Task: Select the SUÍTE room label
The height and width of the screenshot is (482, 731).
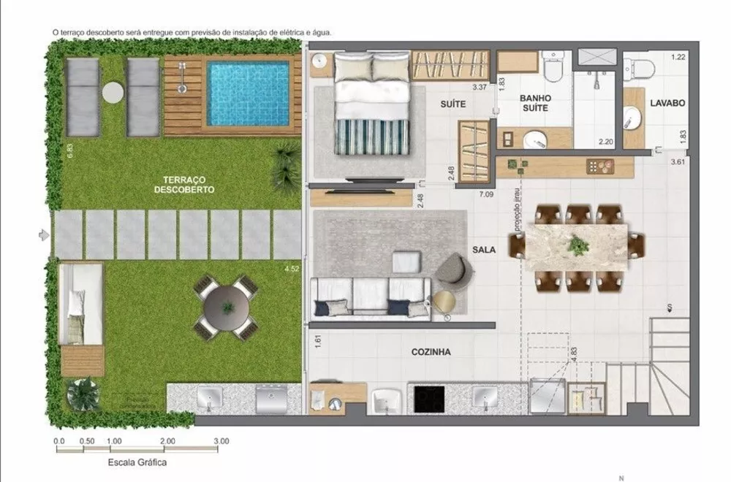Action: [453, 104]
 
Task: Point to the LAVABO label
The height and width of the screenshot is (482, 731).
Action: [667, 104]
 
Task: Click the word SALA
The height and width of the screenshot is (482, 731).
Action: [484, 249]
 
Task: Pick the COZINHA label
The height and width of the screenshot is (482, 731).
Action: [431, 351]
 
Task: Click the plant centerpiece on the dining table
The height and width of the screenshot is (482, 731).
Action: [578, 245]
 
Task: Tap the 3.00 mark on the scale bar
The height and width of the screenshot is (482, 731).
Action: [221, 441]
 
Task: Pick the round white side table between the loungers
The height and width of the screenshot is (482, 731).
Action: [114, 93]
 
